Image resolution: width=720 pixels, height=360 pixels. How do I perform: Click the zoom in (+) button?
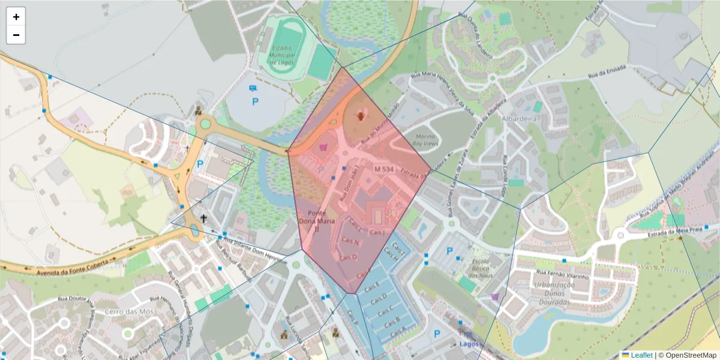[x=16, y=17]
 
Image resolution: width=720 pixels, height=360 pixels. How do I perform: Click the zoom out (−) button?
[x=16, y=35]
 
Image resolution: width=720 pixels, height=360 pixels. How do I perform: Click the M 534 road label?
[x=383, y=170]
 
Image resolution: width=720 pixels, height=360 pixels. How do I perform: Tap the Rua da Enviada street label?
[x=606, y=72]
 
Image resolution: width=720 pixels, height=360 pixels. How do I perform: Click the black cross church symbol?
[x=204, y=219]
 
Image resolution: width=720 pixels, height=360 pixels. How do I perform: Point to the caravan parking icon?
[x=254, y=89]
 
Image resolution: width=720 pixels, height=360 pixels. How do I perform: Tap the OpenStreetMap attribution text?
[x=687, y=355]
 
